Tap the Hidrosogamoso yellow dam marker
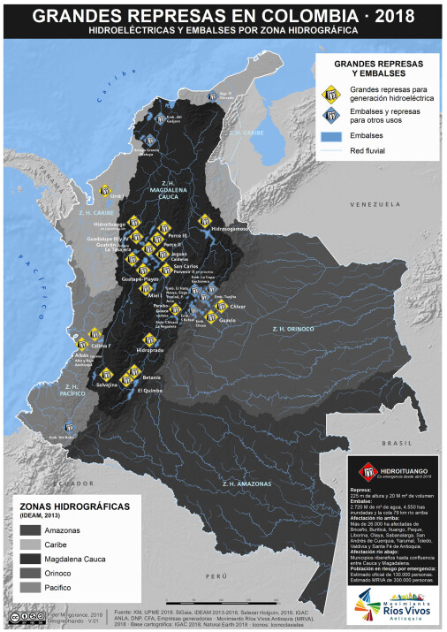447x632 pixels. pyautogui.click(x=207, y=217)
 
